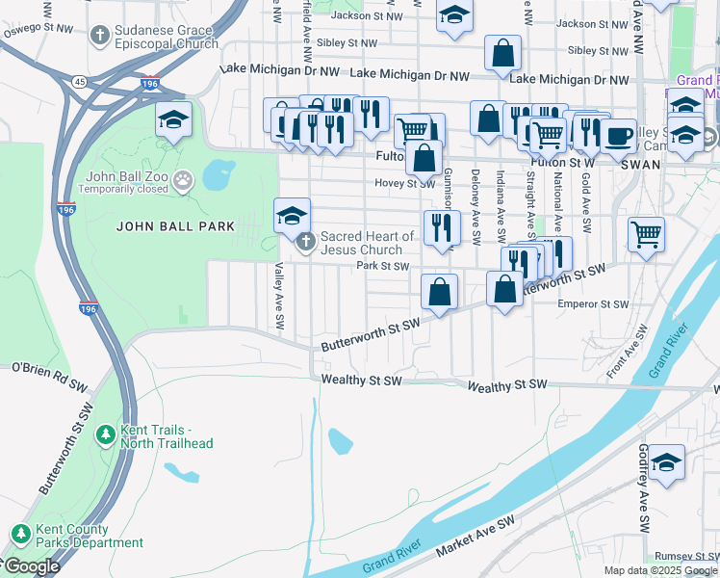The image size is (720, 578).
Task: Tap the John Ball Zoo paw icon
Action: pos(184,180)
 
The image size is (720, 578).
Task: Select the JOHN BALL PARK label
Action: pos(176,226)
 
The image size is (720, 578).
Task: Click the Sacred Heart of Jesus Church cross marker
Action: pos(306,242)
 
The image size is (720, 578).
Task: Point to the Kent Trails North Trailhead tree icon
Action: pos(105,436)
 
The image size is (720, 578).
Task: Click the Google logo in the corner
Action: pos(31,566)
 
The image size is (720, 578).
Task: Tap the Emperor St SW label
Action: pos(593,304)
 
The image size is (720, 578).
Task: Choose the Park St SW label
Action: pos(383,266)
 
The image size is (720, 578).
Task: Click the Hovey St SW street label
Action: pos(405,183)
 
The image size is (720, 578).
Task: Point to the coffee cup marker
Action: pos(618,133)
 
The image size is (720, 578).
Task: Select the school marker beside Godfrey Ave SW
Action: pos(666,462)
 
